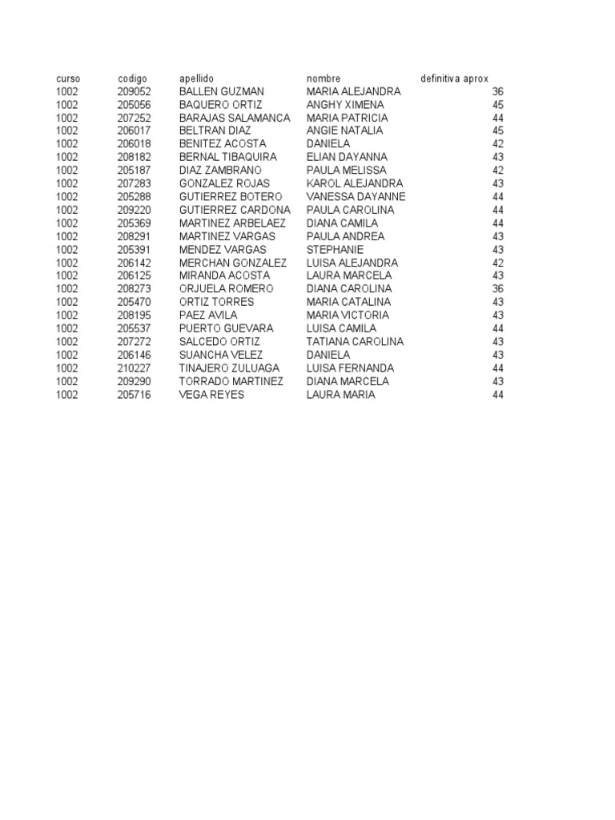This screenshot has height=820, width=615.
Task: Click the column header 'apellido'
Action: [x=196, y=78]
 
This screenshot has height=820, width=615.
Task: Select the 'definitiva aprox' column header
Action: [x=454, y=78]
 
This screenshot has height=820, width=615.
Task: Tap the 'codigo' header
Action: [x=132, y=78]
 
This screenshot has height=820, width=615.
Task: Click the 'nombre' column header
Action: [x=324, y=78]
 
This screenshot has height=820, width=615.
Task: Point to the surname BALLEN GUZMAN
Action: [x=221, y=91]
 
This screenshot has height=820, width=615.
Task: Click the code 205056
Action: [x=134, y=105]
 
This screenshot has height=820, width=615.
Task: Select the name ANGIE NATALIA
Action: [x=344, y=131]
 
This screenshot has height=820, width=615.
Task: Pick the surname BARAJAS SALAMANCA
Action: [x=235, y=118]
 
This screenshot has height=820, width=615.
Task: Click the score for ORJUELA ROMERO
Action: [x=497, y=288]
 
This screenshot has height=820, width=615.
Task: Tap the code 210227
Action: [x=134, y=368]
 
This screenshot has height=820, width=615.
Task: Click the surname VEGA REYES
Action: [x=211, y=394]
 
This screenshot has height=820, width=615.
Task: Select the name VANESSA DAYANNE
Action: [x=356, y=196]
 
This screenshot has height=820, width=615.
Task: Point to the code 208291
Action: [x=134, y=236]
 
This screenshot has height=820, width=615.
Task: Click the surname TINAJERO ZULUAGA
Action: [x=229, y=368]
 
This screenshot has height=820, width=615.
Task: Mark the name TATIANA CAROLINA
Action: [x=355, y=341]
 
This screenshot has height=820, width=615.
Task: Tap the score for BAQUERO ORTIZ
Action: [x=497, y=105]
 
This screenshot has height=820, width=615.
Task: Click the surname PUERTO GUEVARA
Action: [x=226, y=328]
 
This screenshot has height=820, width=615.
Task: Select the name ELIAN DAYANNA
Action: [x=347, y=157]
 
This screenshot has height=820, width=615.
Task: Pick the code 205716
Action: [x=134, y=394]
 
